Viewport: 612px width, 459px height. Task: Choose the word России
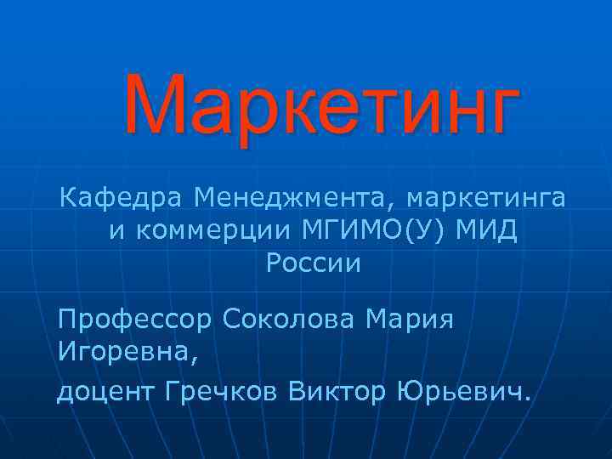click(x=314, y=263)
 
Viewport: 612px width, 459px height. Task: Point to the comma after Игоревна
click(x=199, y=358)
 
